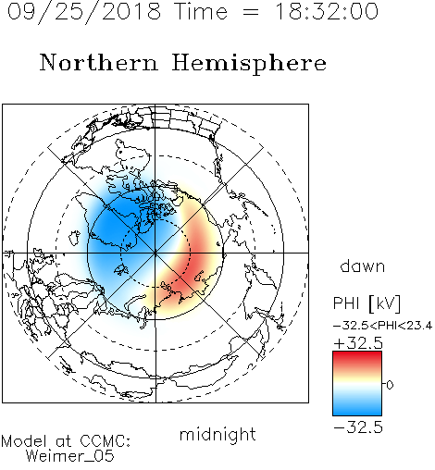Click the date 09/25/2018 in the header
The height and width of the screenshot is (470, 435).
pos(84,12)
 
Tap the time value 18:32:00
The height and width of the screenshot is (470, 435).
pos(327,12)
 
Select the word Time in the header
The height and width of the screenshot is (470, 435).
pos(201,12)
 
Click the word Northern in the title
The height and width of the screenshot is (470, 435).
pos(99,63)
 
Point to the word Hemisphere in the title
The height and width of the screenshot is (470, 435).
pos(249,64)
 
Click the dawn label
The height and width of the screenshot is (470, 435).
pos(363,266)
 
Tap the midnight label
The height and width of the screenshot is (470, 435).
pos(217,435)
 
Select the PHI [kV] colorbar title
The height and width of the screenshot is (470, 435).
pos(367,303)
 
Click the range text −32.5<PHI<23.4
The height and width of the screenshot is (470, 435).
pos(382,326)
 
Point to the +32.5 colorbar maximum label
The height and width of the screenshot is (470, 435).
pos(358,343)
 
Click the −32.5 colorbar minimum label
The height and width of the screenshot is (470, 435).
pos(358,427)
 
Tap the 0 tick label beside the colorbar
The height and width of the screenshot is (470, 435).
pos(390,385)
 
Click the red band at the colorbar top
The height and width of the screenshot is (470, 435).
pos(357,357)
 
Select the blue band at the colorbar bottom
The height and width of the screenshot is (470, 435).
pos(357,409)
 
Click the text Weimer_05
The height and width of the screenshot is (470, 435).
pos(70,456)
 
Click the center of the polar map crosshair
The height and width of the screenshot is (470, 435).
pos(155,253)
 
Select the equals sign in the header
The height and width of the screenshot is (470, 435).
pos(251,12)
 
